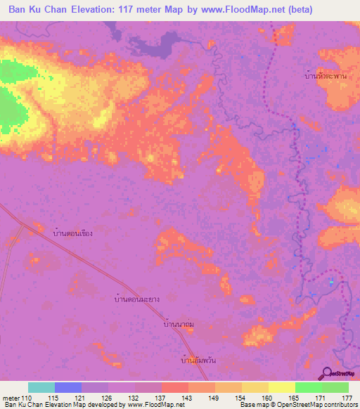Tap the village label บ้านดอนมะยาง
tap(136, 299)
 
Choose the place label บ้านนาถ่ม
tap(179, 325)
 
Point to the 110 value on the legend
tap(27, 398)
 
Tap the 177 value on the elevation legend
tap(347, 398)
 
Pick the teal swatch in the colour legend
tap(41, 387)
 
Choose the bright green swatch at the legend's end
tap(335, 387)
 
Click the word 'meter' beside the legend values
tap(10, 398)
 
